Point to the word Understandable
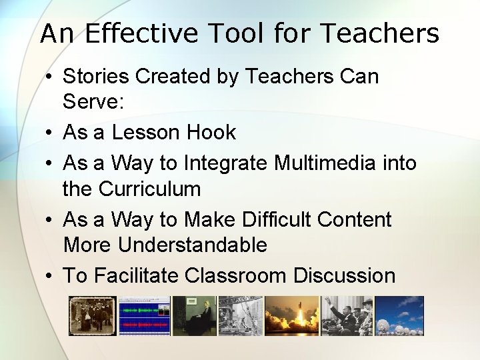tap(193, 245)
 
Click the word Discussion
tap(345, 275)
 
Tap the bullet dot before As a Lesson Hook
tap(50, 133)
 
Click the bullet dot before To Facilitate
tap(50, 276)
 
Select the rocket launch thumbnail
tap(291, 316)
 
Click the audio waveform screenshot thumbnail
tap(144, 316)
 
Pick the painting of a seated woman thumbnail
tap(194, 316)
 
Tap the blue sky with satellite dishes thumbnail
tap(399, 316)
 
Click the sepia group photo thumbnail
tap(93, 316)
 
